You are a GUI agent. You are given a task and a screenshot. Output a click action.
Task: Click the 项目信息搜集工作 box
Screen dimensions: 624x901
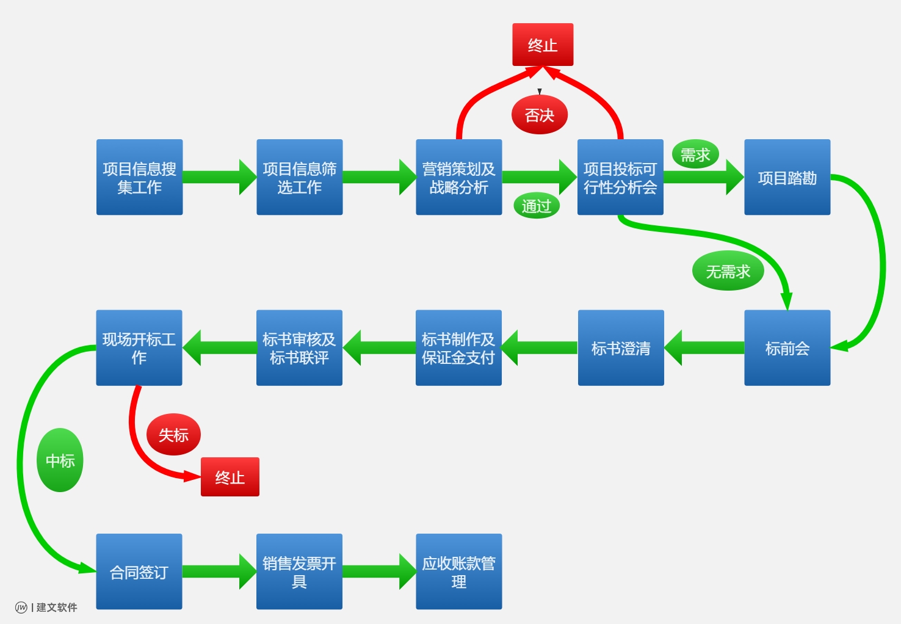click(x=139, y=177)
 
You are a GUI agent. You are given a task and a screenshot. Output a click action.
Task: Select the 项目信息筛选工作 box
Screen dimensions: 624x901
click(x=299, y=177)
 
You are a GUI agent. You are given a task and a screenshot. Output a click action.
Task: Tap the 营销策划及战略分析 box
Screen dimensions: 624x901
click(x=458, y=177)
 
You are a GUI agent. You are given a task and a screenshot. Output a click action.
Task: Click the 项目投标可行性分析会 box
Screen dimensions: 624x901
click(x=620, y=177)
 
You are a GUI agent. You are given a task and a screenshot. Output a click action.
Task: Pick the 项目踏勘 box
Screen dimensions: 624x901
click(x=787, y=177)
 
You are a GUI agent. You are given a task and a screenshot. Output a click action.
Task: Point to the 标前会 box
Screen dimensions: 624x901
click(x=787, y=348)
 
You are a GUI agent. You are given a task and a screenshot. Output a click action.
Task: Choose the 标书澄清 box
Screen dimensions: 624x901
click(x=621, y=348)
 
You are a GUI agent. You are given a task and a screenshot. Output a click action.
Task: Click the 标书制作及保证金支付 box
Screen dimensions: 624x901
click(x=458, y=348)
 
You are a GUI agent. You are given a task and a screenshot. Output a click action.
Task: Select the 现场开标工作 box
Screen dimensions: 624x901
click(x=139, y=348)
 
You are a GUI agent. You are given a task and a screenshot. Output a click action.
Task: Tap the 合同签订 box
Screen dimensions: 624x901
click(x=139, y=571)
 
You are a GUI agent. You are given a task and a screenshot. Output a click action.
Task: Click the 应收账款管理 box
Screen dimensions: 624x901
click(x=458, y=571)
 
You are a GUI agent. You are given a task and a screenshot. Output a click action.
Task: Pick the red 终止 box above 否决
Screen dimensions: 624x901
click(x=543, y=45)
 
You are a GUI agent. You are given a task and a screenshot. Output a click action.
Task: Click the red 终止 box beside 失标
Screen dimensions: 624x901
click(x=230, y=477)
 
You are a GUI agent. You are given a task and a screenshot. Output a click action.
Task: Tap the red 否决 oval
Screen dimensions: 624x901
click(x=540, y=115)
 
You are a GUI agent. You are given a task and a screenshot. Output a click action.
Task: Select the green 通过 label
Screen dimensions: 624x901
click(x=537, y=206)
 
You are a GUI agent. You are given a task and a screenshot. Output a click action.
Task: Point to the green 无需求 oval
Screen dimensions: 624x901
click(x=728, y=271)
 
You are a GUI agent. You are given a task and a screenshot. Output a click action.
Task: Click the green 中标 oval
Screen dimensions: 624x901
click(x=60, y=460)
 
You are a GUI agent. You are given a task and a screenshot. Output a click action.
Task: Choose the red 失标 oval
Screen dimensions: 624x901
click(x=173, y=435)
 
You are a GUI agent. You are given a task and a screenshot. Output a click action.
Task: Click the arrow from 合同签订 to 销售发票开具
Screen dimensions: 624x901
click(x=219, y=571)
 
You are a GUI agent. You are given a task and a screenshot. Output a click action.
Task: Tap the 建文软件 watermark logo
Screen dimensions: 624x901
click(x=46, y=607)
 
